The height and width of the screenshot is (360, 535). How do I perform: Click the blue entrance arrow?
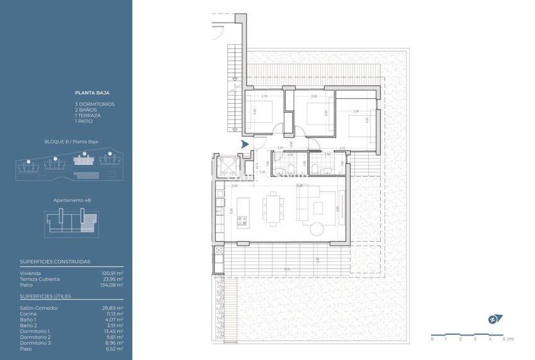(x=245, y=145)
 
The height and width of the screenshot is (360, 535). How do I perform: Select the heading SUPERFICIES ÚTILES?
(x=45, y=296)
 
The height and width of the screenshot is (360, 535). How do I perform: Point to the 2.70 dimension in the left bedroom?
(x=264, y=96)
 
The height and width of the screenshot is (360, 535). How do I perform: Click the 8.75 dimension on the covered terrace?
(x=287, y=269)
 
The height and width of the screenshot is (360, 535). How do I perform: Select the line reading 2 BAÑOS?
(x=85, y=110)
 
